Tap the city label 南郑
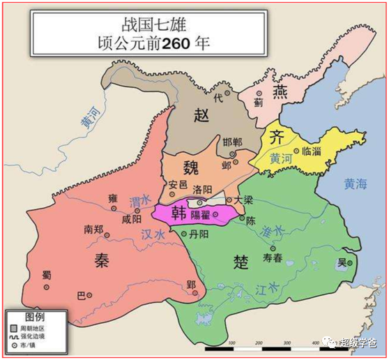(96, 229)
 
